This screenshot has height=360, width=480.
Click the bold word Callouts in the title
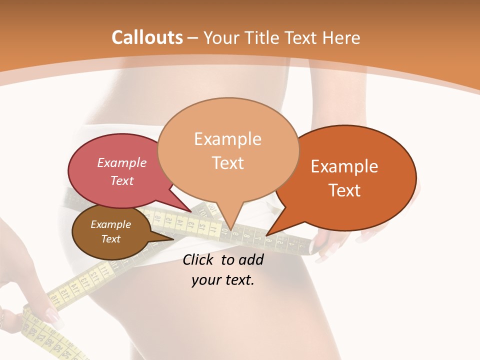coord(147,37)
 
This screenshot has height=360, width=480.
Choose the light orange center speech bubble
coord(228,150)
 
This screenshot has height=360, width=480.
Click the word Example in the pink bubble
coord(122,163)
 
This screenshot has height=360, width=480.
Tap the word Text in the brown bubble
coord(111,239)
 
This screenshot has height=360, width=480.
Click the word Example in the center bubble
coord(228,139)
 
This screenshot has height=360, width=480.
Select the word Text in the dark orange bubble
coord(345,190)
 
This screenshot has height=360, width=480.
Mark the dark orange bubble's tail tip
coord(266,235)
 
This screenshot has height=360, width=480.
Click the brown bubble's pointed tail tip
coord(173,238)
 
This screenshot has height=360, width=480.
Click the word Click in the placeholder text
coord(199,259)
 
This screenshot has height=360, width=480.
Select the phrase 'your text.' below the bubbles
coord(223,280)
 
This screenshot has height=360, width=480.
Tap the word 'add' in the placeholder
coord(251,259)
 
